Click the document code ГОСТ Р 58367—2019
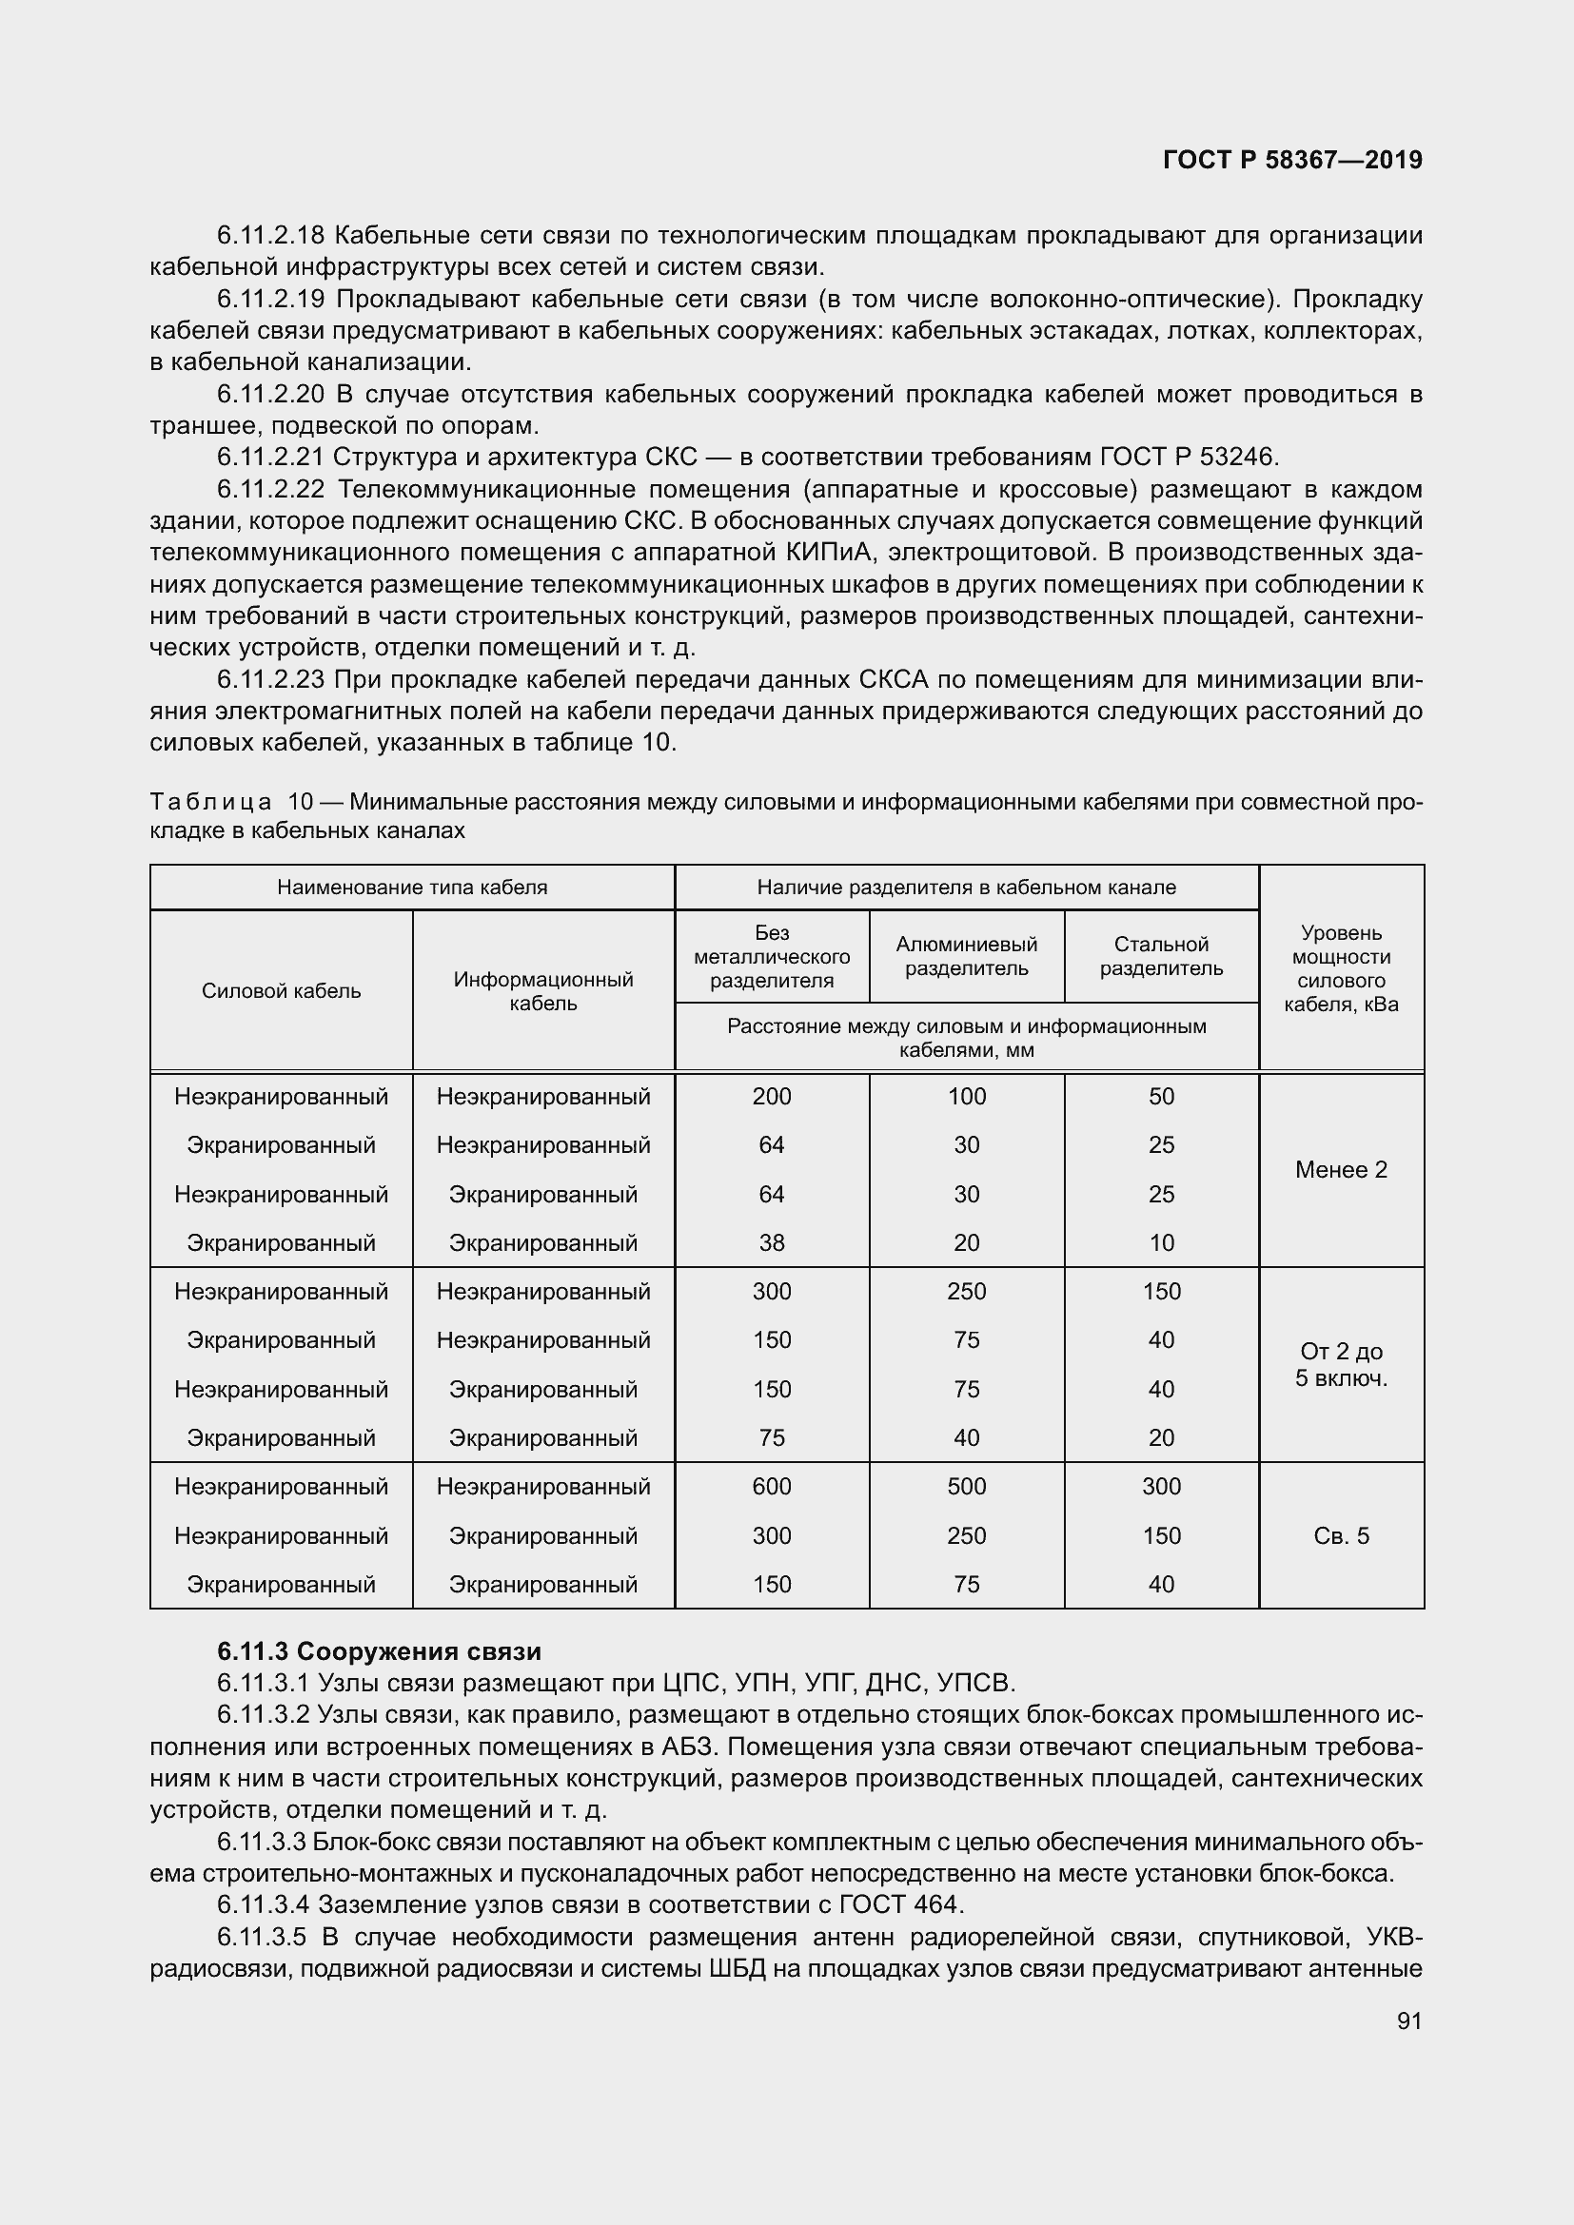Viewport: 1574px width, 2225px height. (x=1292, y=160)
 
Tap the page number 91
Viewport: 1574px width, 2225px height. (x=1409, y=2020)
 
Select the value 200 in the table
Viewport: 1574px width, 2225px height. (x=772, y=1096)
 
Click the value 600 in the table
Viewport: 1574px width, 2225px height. (x=772, y=1486)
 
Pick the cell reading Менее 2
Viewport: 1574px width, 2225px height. (x=1341, y=1170)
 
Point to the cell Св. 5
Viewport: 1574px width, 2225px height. (x=1341, y=1535)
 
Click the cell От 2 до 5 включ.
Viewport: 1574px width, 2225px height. (x=1341, y=1364)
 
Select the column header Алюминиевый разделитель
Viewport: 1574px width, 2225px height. (x=966, y=955)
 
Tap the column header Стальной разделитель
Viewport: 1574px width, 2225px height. (x=1161, y=955)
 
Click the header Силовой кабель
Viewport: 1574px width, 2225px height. (x=281, y=990)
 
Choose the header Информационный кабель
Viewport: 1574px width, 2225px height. (x=542, y=990)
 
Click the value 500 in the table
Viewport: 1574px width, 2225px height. (x=966, y=1486)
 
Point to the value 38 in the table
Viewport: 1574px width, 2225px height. (x=772, y=1242)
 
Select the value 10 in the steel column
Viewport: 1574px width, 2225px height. (x=1161, y=1242)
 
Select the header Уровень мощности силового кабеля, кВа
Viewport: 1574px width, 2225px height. (x=1341, y=967)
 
